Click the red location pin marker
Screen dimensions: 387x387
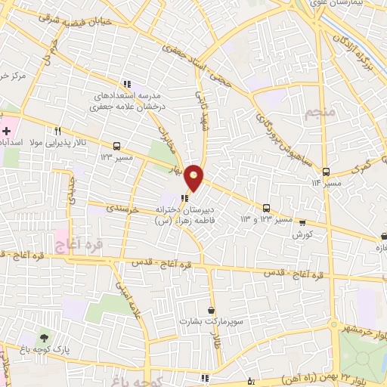click(194, 176)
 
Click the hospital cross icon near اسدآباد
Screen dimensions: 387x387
click(6, 132)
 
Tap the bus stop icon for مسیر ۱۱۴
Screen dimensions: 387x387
click(326, 172)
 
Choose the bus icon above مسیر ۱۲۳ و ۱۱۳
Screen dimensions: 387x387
click(265, 207)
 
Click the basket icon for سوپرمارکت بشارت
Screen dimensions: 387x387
click(210, 310)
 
